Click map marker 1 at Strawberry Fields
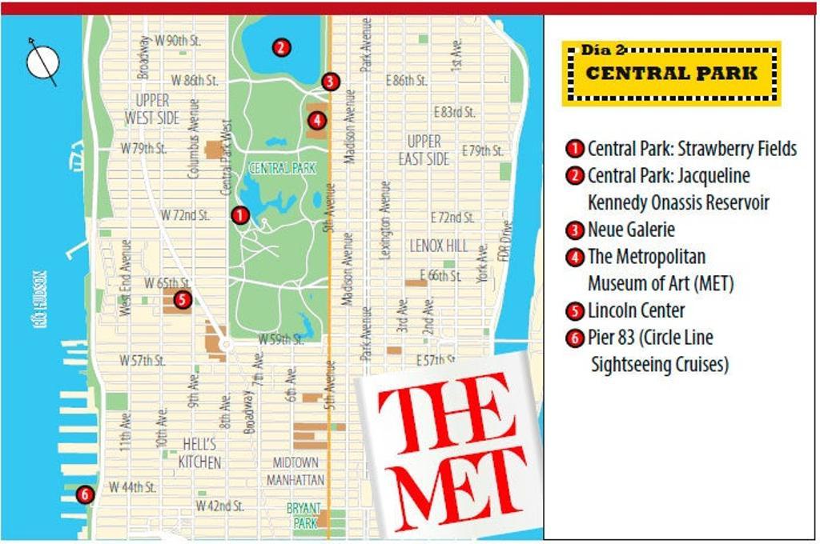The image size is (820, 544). click(239, 215)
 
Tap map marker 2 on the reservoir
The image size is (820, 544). click(280, 47)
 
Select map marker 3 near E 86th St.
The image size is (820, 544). click(330, 82)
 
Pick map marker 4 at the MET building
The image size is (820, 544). click(316, 121)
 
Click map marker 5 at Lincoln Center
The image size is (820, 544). click(182, 300)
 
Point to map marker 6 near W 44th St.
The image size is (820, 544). click(85, 494)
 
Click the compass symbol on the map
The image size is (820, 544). click(43, 62)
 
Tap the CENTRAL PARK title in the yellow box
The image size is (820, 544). click(671, 73)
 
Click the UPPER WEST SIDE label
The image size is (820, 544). click(152, 110)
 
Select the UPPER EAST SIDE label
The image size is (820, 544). click(424, 150)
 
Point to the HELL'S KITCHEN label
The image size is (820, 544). click(199, 453)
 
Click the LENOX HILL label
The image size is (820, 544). click(439, 246)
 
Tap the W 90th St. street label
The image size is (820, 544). click(178, 39)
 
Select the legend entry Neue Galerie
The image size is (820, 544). click(631, 230)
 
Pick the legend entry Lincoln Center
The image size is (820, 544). click(636, 310)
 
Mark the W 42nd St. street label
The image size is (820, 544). click(220, 506)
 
